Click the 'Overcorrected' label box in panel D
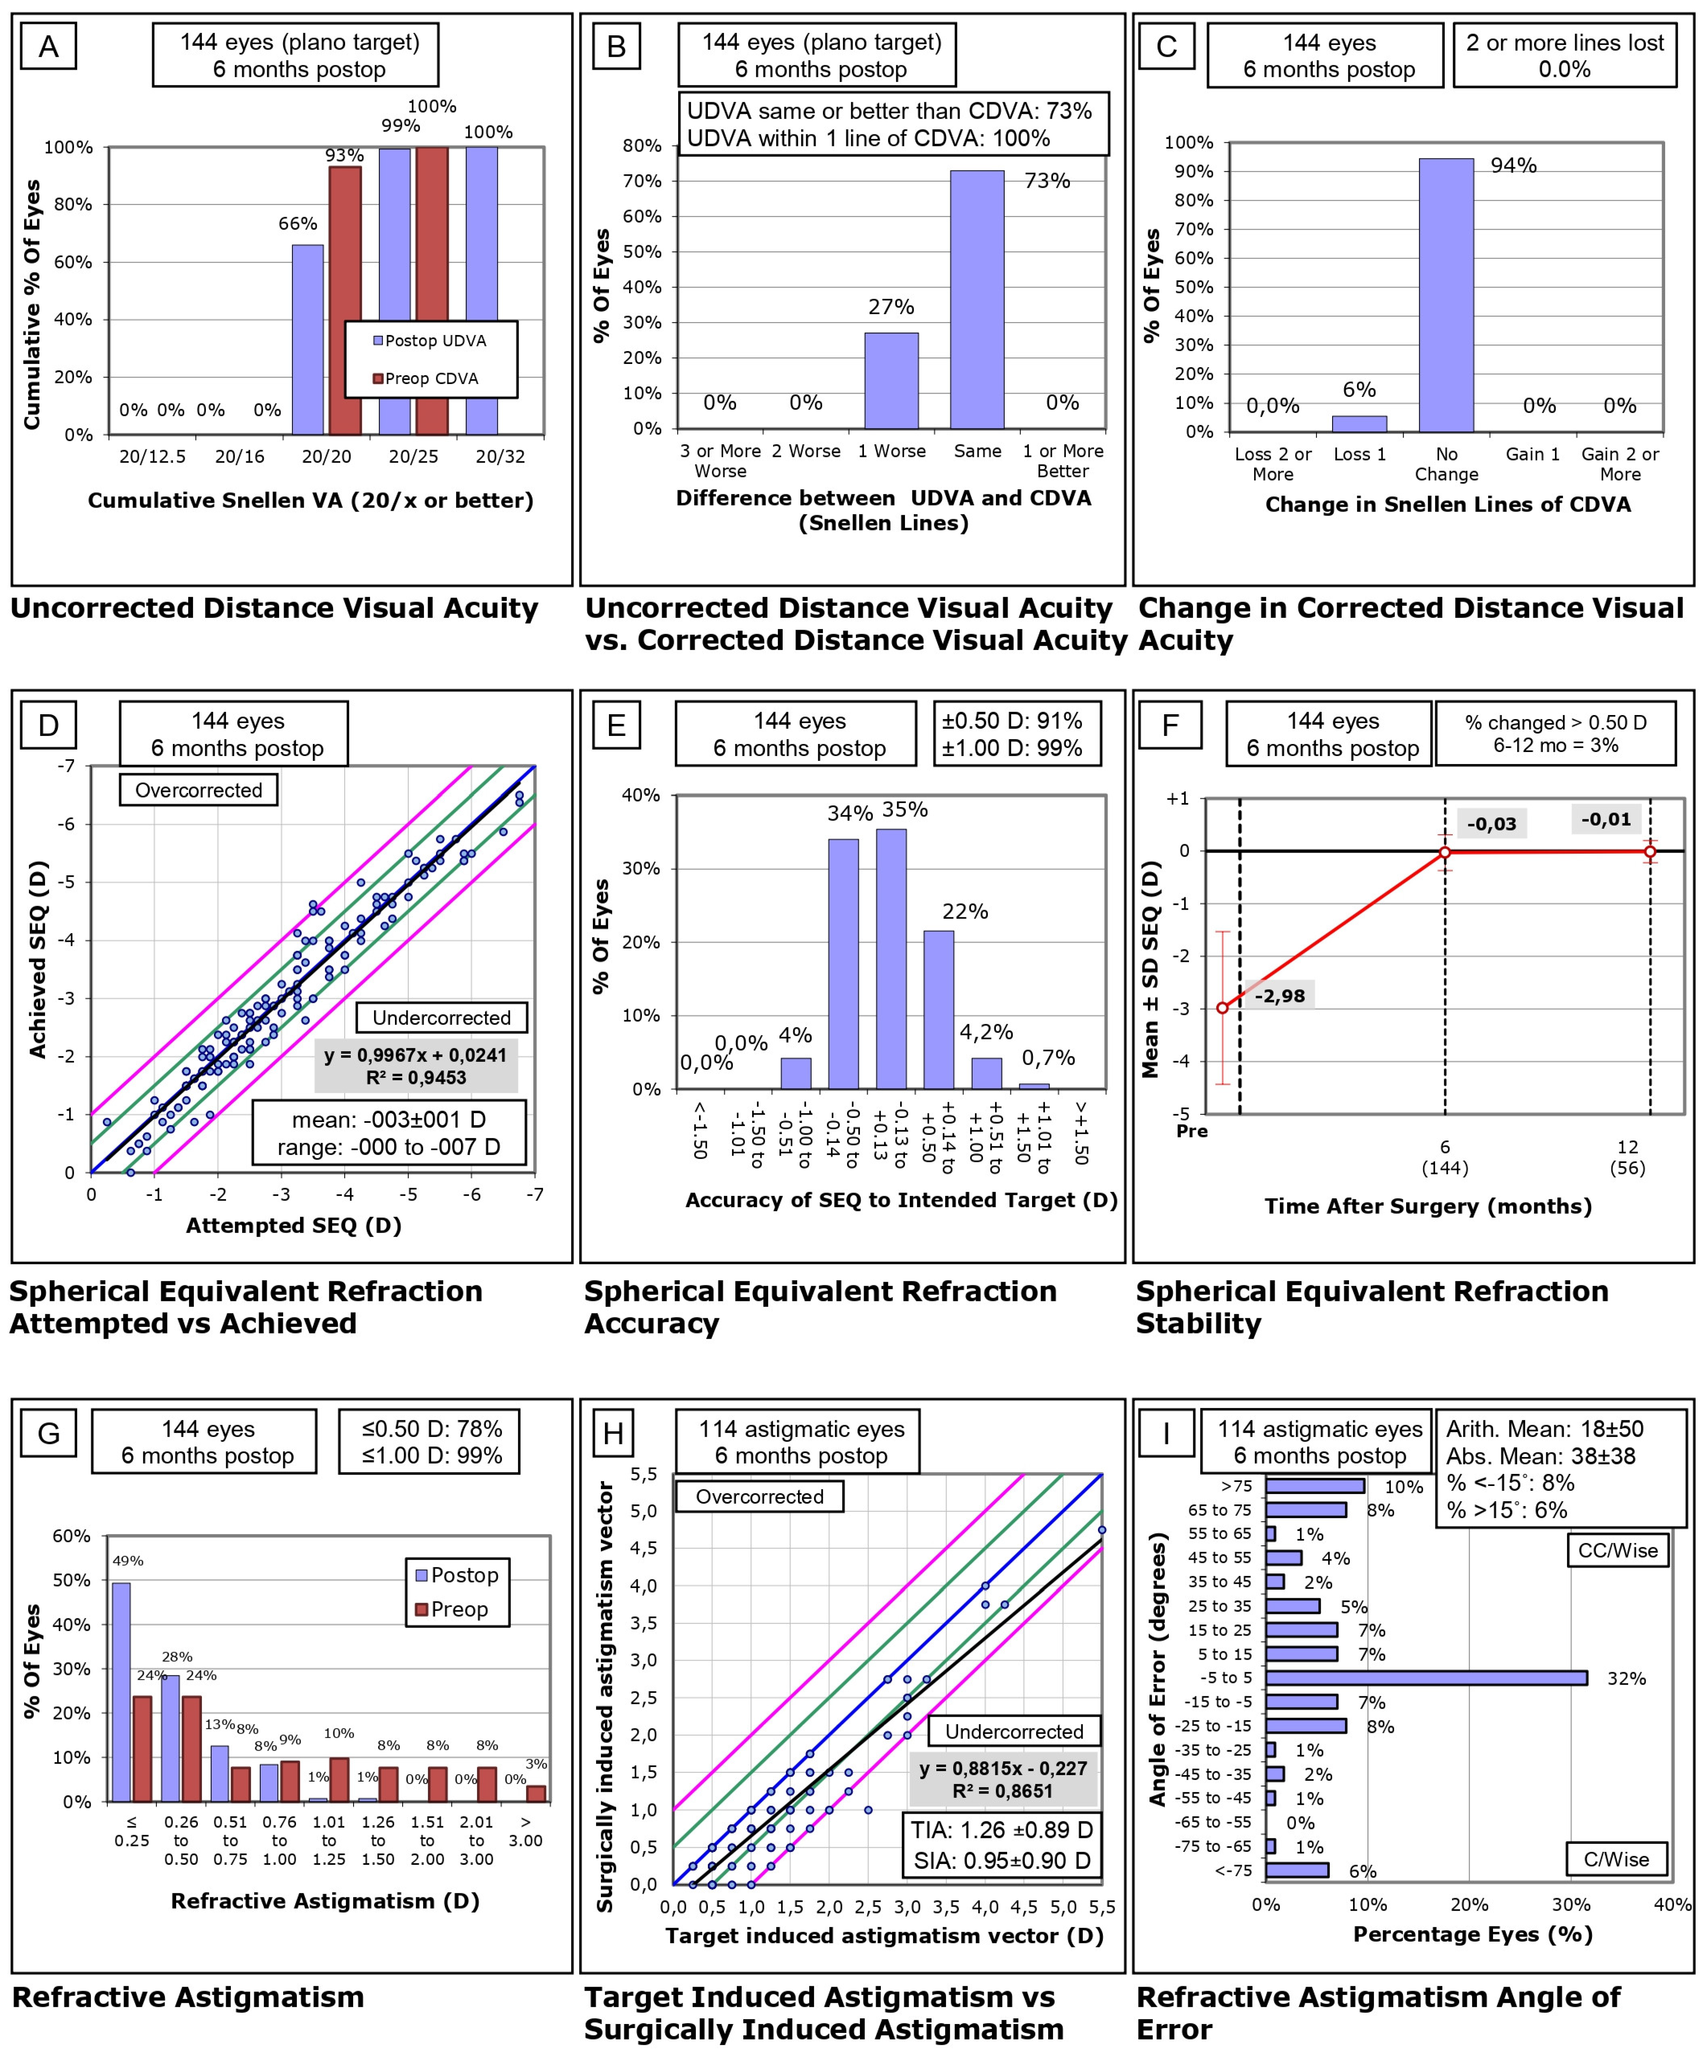click(x=198, y=790)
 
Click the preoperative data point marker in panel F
click(x=1222, y=1008)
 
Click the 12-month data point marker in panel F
click(x=1650, y=851)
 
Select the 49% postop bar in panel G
click(x=121, y=1692)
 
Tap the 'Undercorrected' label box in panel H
click(x=1014, y=1731)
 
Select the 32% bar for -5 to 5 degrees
click(x=1425, y=1678)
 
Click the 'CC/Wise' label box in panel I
click(x=1618, y=1550)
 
